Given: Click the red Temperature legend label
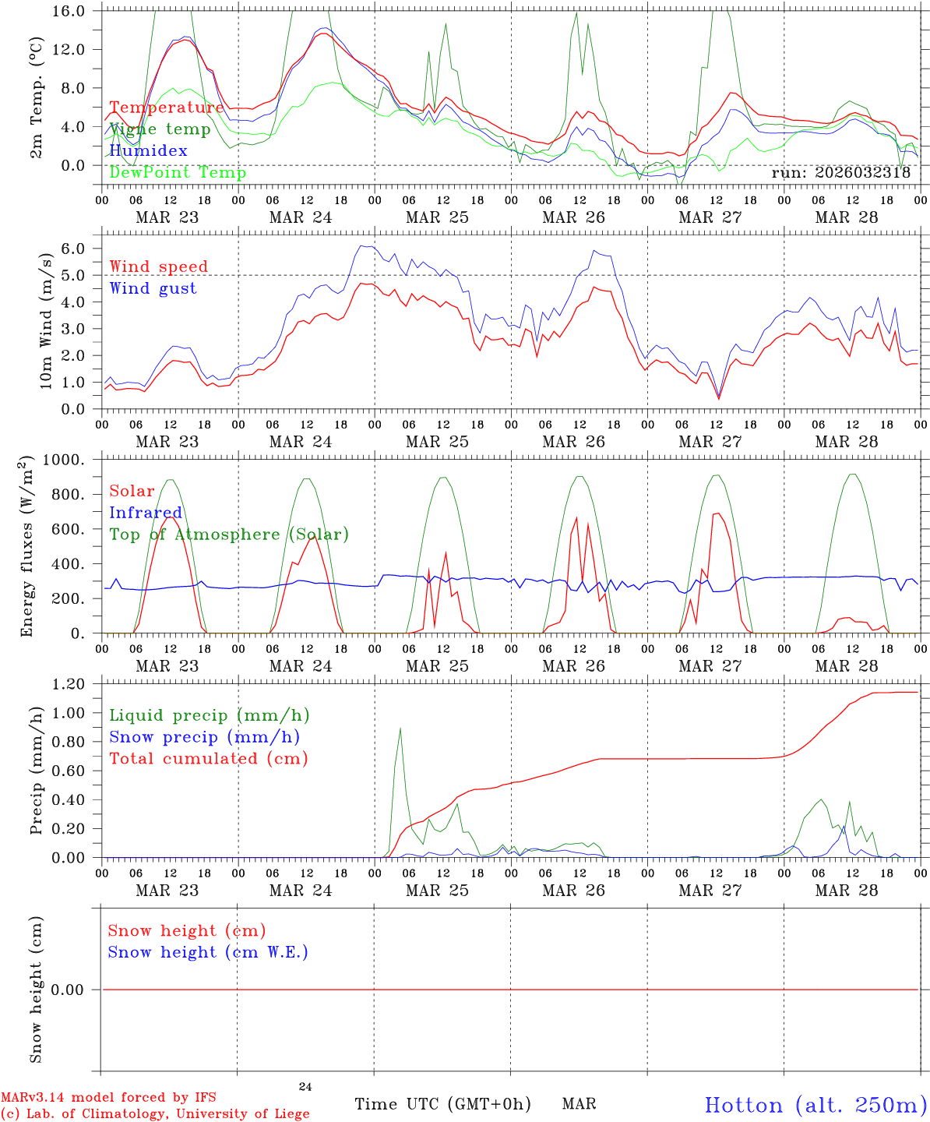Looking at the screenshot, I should [167, 108].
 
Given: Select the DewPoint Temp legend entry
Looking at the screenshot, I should [178, 172].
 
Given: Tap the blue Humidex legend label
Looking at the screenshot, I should [148, 150].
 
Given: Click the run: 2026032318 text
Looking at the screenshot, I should [840, 173].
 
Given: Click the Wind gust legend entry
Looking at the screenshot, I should [153, 288].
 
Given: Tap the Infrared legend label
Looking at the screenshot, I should [146, 513].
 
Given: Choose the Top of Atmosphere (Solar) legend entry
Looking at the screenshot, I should [229, 535].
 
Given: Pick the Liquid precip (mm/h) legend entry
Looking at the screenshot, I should [210, 715].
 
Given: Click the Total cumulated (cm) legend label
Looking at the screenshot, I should [209, 758].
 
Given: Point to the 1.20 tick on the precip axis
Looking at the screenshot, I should [68, 684].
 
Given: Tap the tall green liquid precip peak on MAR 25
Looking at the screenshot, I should [400, 729].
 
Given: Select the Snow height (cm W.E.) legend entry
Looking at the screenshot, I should [208, 952].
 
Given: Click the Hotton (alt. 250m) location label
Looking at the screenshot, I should [815, 1105].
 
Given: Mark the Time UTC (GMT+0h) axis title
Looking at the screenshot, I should [442, 1104].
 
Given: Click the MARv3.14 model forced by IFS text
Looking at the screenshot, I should [108, 1098].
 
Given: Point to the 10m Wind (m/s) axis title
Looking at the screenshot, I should [47, 321].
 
